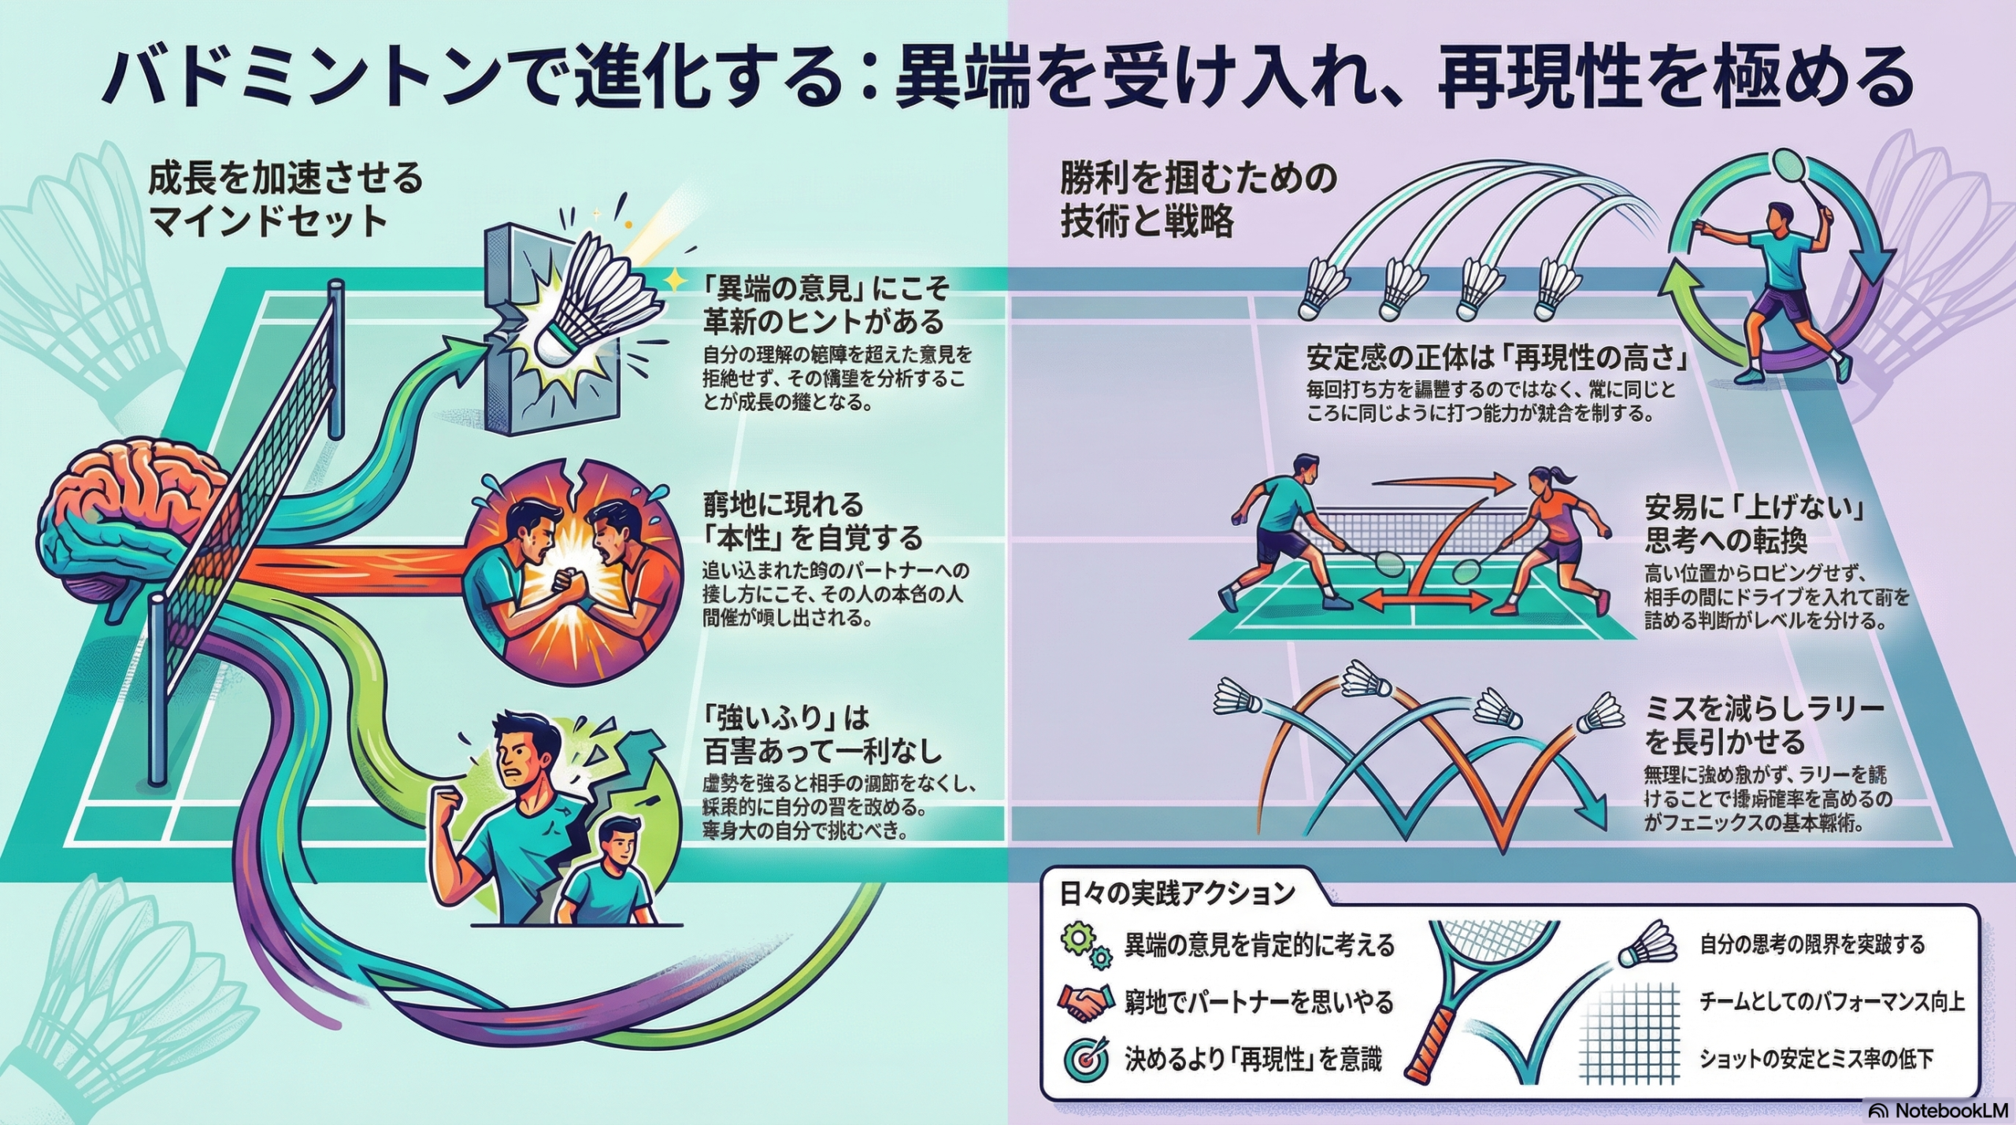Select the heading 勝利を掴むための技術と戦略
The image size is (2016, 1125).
click(x=1197, y=201)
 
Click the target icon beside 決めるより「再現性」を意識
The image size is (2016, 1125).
click(x=1085, y=1060)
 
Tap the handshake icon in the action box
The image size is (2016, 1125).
click(x=1084, y=1002)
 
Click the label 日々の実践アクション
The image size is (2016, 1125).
click(x=1177, y=894)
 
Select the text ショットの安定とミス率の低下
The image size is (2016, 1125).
click(x=1816, y=1059)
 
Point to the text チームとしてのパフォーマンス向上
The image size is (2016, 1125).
click(x=1831, y=1001)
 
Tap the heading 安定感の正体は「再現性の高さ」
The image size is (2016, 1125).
click(x=1497, y=359)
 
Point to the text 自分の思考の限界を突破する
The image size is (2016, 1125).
click(x=1812, y=944)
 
